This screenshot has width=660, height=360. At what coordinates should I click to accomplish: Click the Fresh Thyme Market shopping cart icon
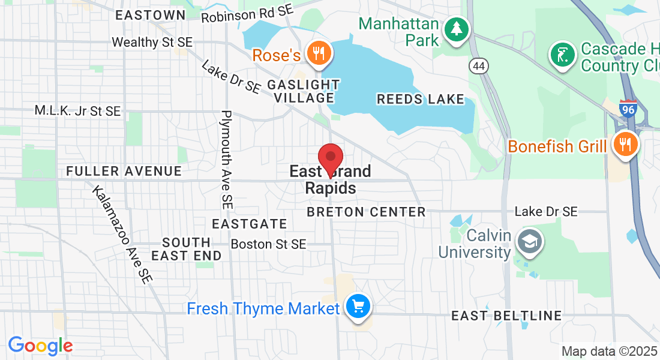[359, 308]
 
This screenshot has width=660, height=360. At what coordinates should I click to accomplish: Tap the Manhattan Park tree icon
[457, 28]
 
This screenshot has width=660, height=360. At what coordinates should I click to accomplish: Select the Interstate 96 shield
[628, 109]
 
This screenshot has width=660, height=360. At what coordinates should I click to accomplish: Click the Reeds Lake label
[421, 99]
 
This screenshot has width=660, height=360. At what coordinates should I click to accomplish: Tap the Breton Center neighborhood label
[366, 212]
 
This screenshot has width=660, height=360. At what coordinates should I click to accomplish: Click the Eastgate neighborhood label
[250, 224]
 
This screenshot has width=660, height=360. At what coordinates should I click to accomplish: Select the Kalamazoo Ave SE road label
[122, 233]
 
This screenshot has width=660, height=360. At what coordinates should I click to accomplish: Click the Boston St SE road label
[268, 244]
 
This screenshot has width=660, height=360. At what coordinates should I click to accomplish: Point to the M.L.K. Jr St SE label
[77, 110]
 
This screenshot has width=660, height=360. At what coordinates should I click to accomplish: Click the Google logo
[40, 346]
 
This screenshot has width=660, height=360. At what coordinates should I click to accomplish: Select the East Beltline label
[506, 316]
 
